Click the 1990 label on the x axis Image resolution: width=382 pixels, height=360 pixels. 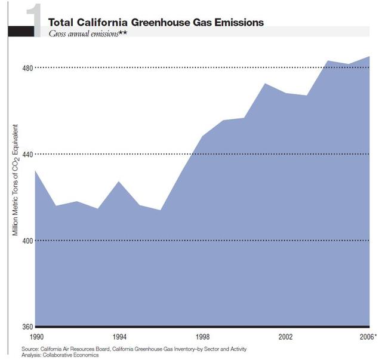[x=36, y=336]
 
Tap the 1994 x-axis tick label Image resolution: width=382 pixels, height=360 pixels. [x=119, y=336]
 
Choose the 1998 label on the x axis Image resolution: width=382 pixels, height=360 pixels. [x=203, y=336]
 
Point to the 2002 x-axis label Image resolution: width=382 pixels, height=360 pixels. [x=286, y=336]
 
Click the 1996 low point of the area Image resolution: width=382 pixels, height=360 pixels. [x=161, y=210]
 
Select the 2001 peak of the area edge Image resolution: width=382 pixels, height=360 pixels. [x=265, y=84]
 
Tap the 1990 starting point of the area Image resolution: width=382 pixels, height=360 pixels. [x=36, y=171]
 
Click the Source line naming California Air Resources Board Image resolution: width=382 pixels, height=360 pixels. [x=133, y=348]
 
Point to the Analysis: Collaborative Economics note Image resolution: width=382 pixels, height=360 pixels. [x=59, y=355]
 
